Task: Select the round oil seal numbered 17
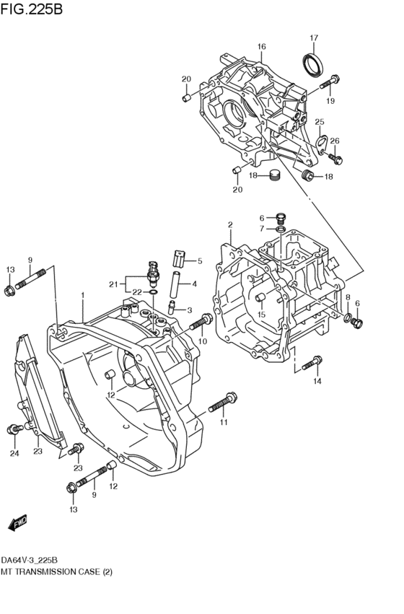pyautogui.click(x=312, y=63)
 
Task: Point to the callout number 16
pyautogui.click(x=261, y=47)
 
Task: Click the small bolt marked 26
pyautogui.click(x=335, y=156)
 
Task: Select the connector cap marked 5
pyautogui.click(x=179, y=258)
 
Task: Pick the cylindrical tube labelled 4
pyautogui.click(x=174, y=283)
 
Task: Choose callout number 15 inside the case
pyautogui.click(x=262, y=315)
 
